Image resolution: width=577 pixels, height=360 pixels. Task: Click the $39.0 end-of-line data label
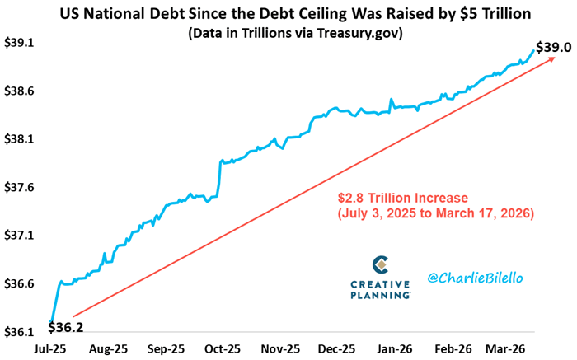coord(554,48)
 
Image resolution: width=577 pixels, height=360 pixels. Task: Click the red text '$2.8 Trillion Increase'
coord(402,199)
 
